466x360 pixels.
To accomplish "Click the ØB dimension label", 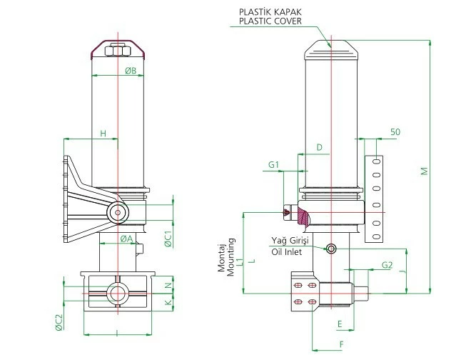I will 131,71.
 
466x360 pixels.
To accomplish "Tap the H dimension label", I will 103,134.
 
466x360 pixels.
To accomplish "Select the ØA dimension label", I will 124,238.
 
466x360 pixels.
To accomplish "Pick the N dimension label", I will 168,285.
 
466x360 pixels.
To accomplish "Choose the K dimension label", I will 168,302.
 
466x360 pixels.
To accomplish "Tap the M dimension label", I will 423,171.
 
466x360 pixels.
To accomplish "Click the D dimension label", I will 319,147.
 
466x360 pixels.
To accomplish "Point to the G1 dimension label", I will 273,165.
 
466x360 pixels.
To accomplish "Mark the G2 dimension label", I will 387,265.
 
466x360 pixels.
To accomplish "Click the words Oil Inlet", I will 285,251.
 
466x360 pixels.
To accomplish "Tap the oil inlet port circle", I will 331,248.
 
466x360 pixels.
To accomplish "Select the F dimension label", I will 342,344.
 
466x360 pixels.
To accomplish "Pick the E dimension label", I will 340,324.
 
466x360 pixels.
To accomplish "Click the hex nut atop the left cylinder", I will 117,50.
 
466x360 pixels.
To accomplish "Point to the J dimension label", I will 402,271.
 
